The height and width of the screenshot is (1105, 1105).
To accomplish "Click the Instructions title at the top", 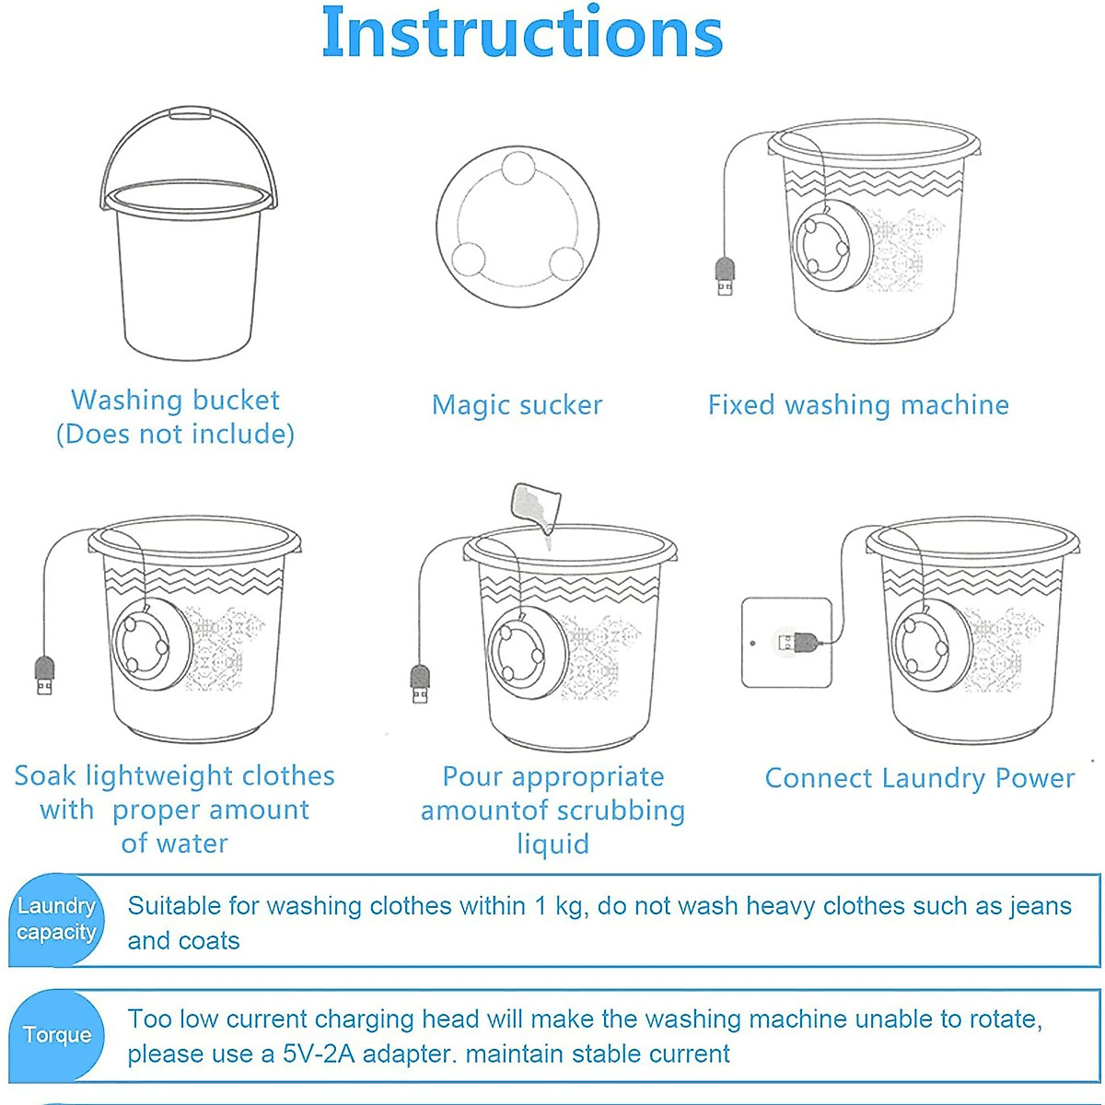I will [x=522, y=33].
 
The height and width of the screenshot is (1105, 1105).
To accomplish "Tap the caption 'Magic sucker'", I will [x=517, y=405].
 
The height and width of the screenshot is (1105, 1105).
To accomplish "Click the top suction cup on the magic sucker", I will [x=518, y=169].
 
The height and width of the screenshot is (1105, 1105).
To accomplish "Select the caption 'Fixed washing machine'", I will [x=858, y=405].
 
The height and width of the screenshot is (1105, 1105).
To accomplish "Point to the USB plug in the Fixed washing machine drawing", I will [x=726, y=276].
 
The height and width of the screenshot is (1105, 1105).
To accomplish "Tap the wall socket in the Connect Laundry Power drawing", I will [x=786, y=642].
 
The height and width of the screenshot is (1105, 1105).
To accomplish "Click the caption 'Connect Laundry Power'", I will [x=919, y=778].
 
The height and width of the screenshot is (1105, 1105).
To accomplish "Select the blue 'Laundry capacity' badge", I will [x=56, y=919].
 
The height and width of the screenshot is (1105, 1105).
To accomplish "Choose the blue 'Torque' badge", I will [x=57, y=1035].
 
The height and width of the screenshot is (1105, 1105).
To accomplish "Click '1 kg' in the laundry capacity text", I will [x=561, y=906].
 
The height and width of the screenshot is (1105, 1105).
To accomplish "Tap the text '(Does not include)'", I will [x=175, y=434].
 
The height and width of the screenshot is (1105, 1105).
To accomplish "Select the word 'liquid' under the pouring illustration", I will [x=552, y=844].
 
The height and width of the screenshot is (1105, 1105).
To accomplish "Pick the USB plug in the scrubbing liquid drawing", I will [x=420, y=684].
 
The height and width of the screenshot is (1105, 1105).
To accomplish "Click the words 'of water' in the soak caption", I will [x=174, y=843].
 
